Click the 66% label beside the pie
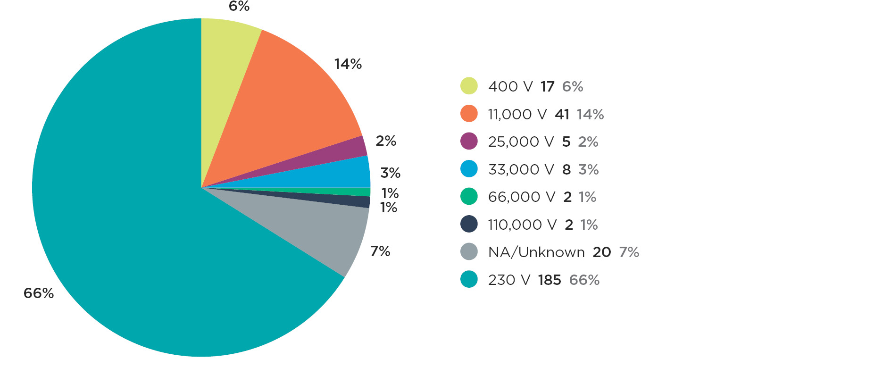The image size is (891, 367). (39, 293)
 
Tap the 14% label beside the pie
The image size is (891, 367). (348, 64)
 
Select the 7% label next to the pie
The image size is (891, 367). (380, 251)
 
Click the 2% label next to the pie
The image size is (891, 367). (386, 141)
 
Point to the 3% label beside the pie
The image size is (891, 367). (391, 173)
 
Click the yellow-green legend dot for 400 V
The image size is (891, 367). (469, 86)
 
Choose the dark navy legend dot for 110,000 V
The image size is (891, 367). (469, 224)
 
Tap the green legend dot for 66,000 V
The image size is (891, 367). (469, 196)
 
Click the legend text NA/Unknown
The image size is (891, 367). (536, 252)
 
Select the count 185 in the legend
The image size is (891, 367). (550, 280)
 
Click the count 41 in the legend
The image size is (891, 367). (562, 114)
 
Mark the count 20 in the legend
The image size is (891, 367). (602, 252)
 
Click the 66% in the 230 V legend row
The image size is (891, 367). (584, 280)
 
